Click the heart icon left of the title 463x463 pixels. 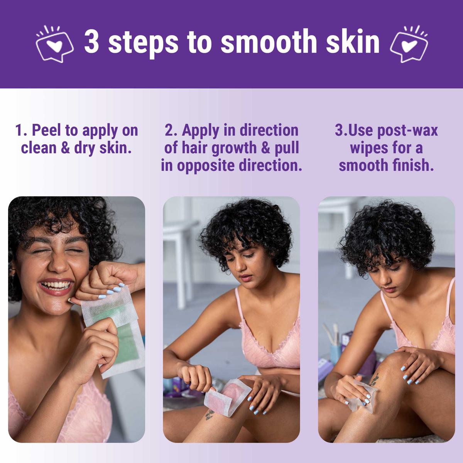point(54,44)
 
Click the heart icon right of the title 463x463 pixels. point(409,44)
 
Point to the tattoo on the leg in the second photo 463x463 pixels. point(210,415)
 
